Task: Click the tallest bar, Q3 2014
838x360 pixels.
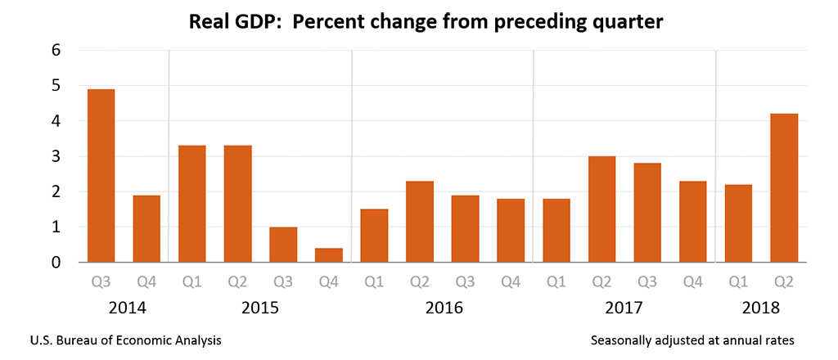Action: pos(101,175)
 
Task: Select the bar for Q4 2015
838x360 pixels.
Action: pos(329,254)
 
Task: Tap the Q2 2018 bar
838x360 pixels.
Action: pos(784,188)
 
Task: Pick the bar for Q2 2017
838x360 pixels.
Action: pos(601,209)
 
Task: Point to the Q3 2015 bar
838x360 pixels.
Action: pos(283,244)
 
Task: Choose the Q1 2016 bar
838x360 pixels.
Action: pos(375,236)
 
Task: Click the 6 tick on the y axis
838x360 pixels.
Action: pos(56,50)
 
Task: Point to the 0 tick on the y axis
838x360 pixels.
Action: pos(56,263)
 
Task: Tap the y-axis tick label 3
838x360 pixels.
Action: pos(56,156)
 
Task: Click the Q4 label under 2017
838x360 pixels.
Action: pos(693,283)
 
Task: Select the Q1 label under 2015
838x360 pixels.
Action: pos(191,283)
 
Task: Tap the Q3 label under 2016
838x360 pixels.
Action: pos(466,283)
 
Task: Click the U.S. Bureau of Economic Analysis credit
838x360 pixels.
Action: pos(125,339)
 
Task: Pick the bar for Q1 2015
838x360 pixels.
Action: pos(191,204)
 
